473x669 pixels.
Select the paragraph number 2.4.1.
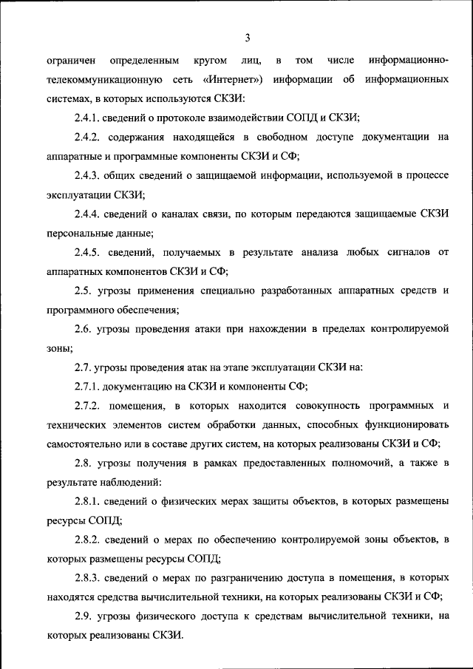(89, 118)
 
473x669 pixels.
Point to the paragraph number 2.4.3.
(89, 176)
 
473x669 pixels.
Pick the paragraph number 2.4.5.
(89, 253)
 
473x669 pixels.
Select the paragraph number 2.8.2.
(90, 541)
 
